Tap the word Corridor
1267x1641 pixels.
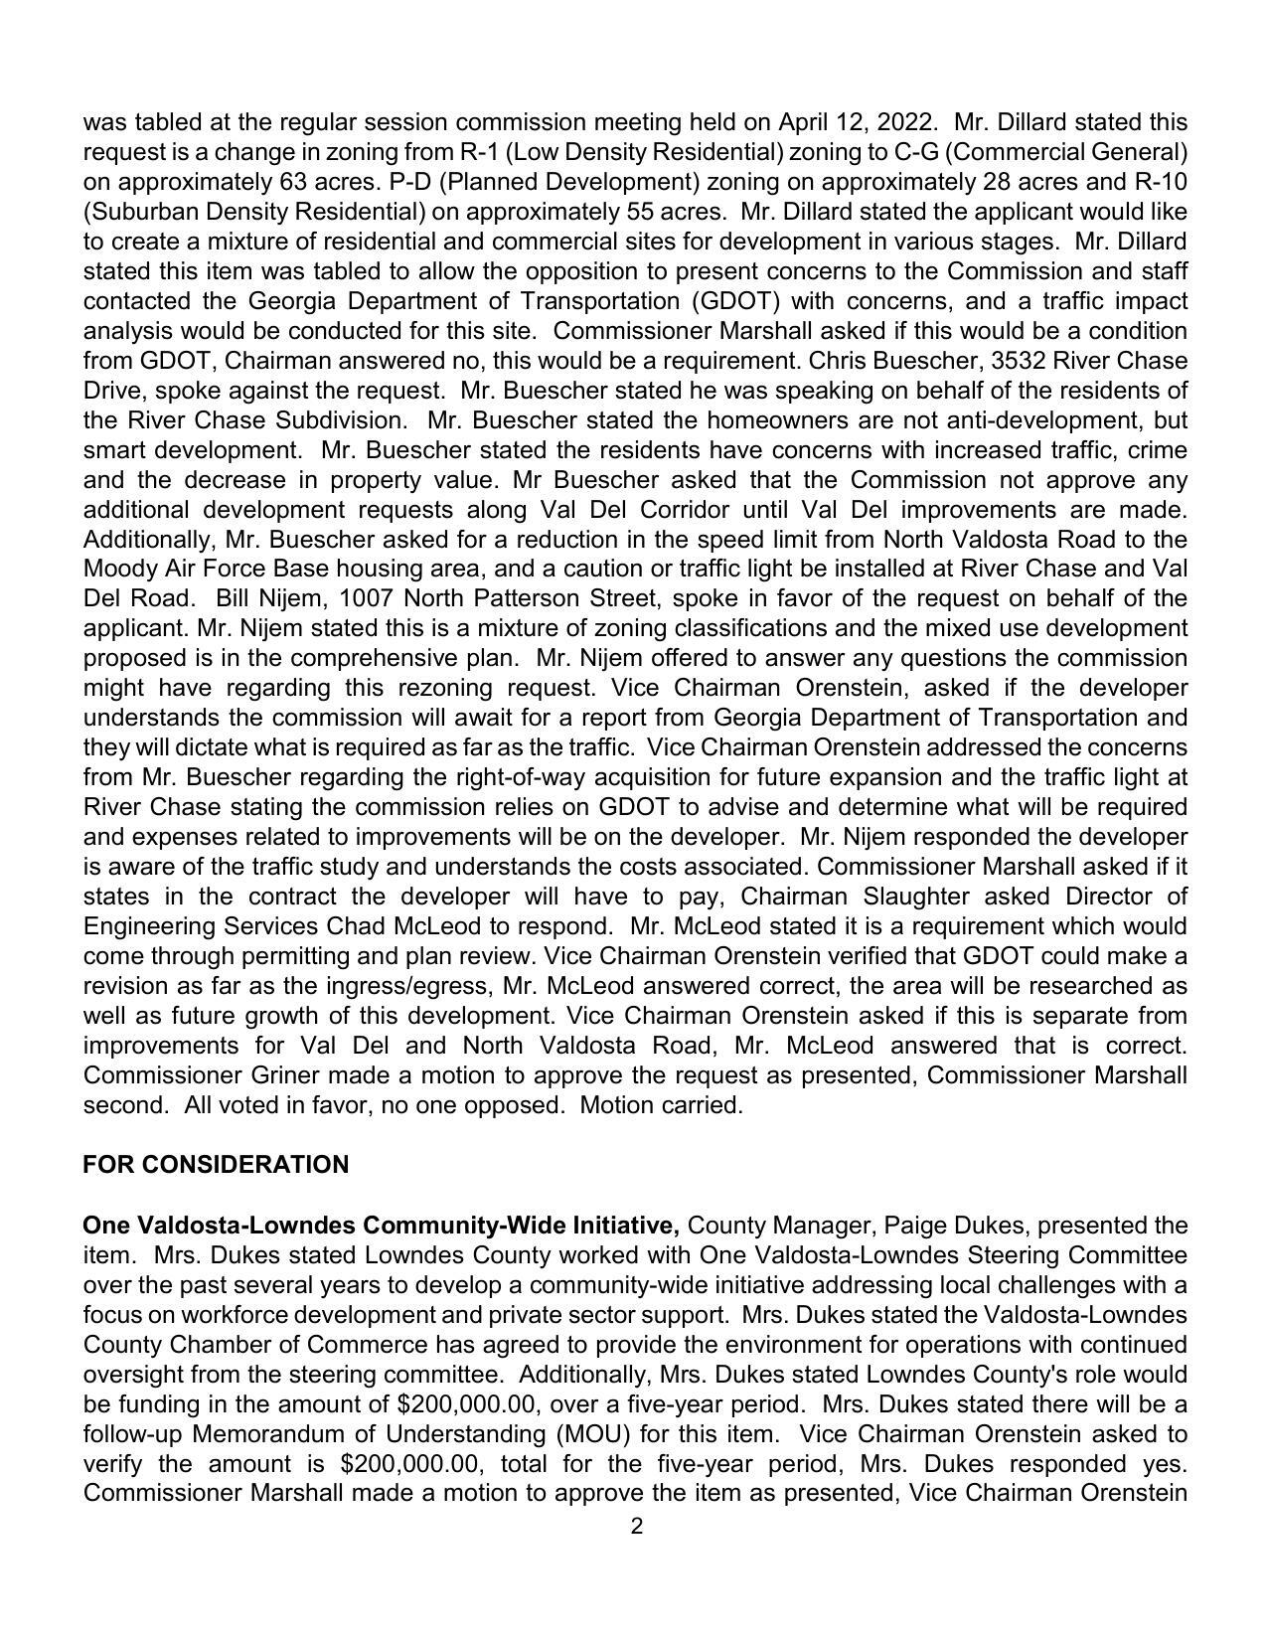pos(666,510)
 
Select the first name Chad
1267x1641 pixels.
pos(358,925)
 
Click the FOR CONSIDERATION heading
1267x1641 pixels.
pos(216,1164)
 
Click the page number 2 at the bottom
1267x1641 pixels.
pos(636,1526)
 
